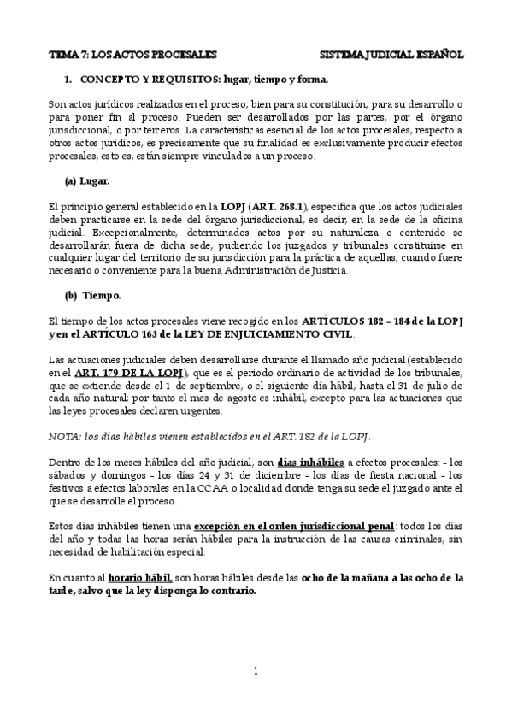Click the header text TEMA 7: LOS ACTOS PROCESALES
pos(132,53)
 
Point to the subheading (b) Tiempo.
pos(92,295)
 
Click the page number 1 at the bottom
pos(256,670)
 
